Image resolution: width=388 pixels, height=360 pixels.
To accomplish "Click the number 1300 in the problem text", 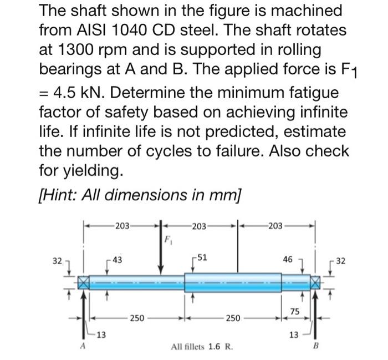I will click(81, 50).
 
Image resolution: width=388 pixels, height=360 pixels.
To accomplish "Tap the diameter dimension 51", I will click(203, 256).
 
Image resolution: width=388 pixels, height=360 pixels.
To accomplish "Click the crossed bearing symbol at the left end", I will click(83, 282).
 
